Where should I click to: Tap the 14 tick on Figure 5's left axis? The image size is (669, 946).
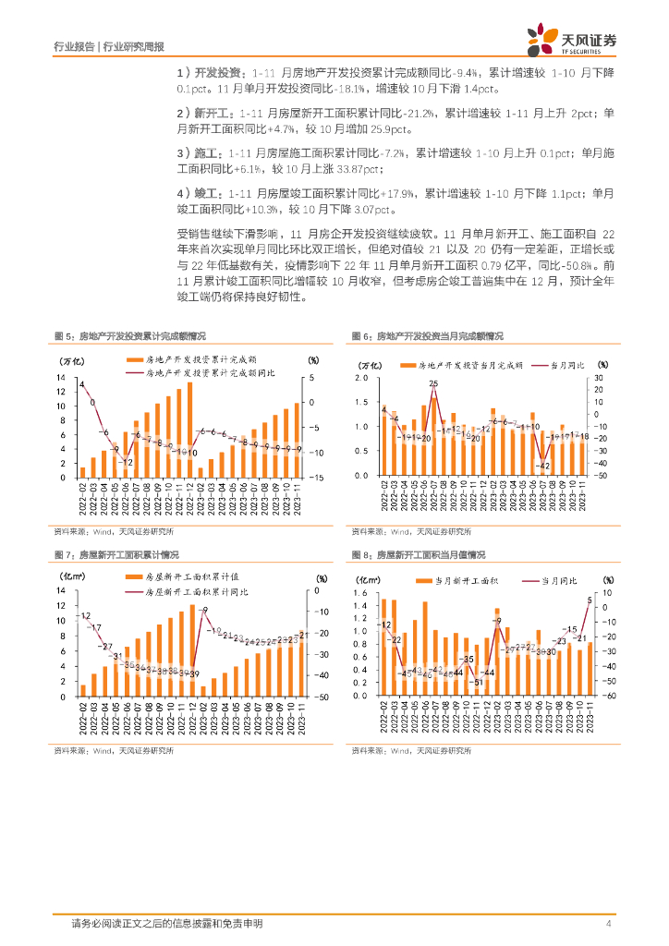click(62, 378)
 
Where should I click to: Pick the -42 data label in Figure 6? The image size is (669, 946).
click(544, 466)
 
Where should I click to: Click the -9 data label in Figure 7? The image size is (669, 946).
click(204, 611)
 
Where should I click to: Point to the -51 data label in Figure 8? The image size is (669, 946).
click(478, 682)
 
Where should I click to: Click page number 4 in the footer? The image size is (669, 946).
click(608, 923)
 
